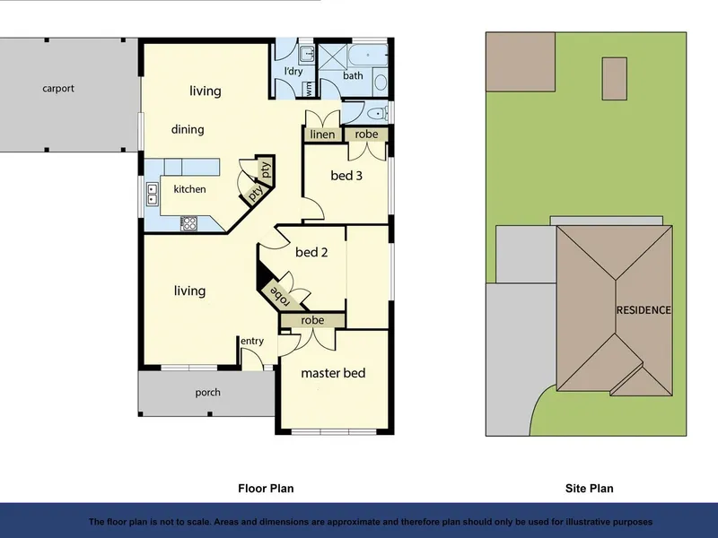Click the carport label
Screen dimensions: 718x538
click(58, 88)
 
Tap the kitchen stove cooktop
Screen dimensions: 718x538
click(188, 223)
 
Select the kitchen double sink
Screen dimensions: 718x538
click(152, 194)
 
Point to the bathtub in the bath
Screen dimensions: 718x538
click(367, 56)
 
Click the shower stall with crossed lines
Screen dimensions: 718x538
click(333, 57)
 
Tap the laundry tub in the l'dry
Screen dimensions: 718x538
click(306, 55)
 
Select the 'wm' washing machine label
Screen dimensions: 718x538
click(309, 88)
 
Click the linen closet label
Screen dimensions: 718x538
click(322, 134)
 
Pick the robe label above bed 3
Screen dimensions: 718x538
click(366, 134)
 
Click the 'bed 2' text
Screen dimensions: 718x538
click(311, 252)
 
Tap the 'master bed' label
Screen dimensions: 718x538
click(333, 373)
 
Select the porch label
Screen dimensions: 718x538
click(207, 393)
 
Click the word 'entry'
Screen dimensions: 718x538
click(252, 341)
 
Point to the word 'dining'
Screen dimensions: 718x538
click(188, 129)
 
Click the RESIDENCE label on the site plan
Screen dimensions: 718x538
click(644, 310)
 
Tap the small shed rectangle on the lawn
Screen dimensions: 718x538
click(615, 79)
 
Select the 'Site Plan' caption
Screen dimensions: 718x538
click(589, 489)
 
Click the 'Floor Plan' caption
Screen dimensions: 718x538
click(266, 489)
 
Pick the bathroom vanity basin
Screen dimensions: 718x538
click(381, 82)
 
